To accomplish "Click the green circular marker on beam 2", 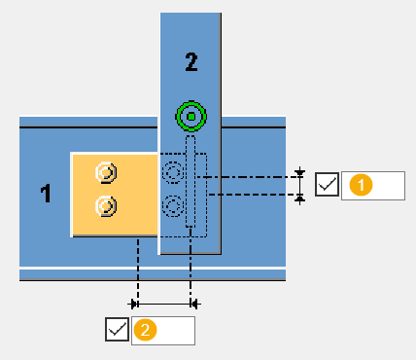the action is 191,117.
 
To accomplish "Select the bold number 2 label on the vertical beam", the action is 191,62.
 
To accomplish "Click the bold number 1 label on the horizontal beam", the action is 46,194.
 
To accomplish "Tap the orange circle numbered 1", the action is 361,185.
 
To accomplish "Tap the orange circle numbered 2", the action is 145,330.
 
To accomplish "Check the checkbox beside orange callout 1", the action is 327,184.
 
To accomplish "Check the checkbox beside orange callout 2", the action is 117,329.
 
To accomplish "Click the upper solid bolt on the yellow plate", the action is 106,172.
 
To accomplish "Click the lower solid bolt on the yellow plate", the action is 106,206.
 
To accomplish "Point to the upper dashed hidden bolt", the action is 173,172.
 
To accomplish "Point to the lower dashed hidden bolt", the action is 173,206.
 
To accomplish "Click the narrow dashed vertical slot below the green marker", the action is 191,182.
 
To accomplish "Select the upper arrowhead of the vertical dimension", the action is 300,173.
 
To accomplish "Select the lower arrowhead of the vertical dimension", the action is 300,198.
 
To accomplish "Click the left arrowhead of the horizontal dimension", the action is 133,305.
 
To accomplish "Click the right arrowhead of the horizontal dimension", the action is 195,305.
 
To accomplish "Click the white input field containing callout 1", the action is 373,186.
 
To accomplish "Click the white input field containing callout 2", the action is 163,331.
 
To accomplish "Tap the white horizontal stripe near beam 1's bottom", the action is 153,268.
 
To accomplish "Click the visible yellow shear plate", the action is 115,195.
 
